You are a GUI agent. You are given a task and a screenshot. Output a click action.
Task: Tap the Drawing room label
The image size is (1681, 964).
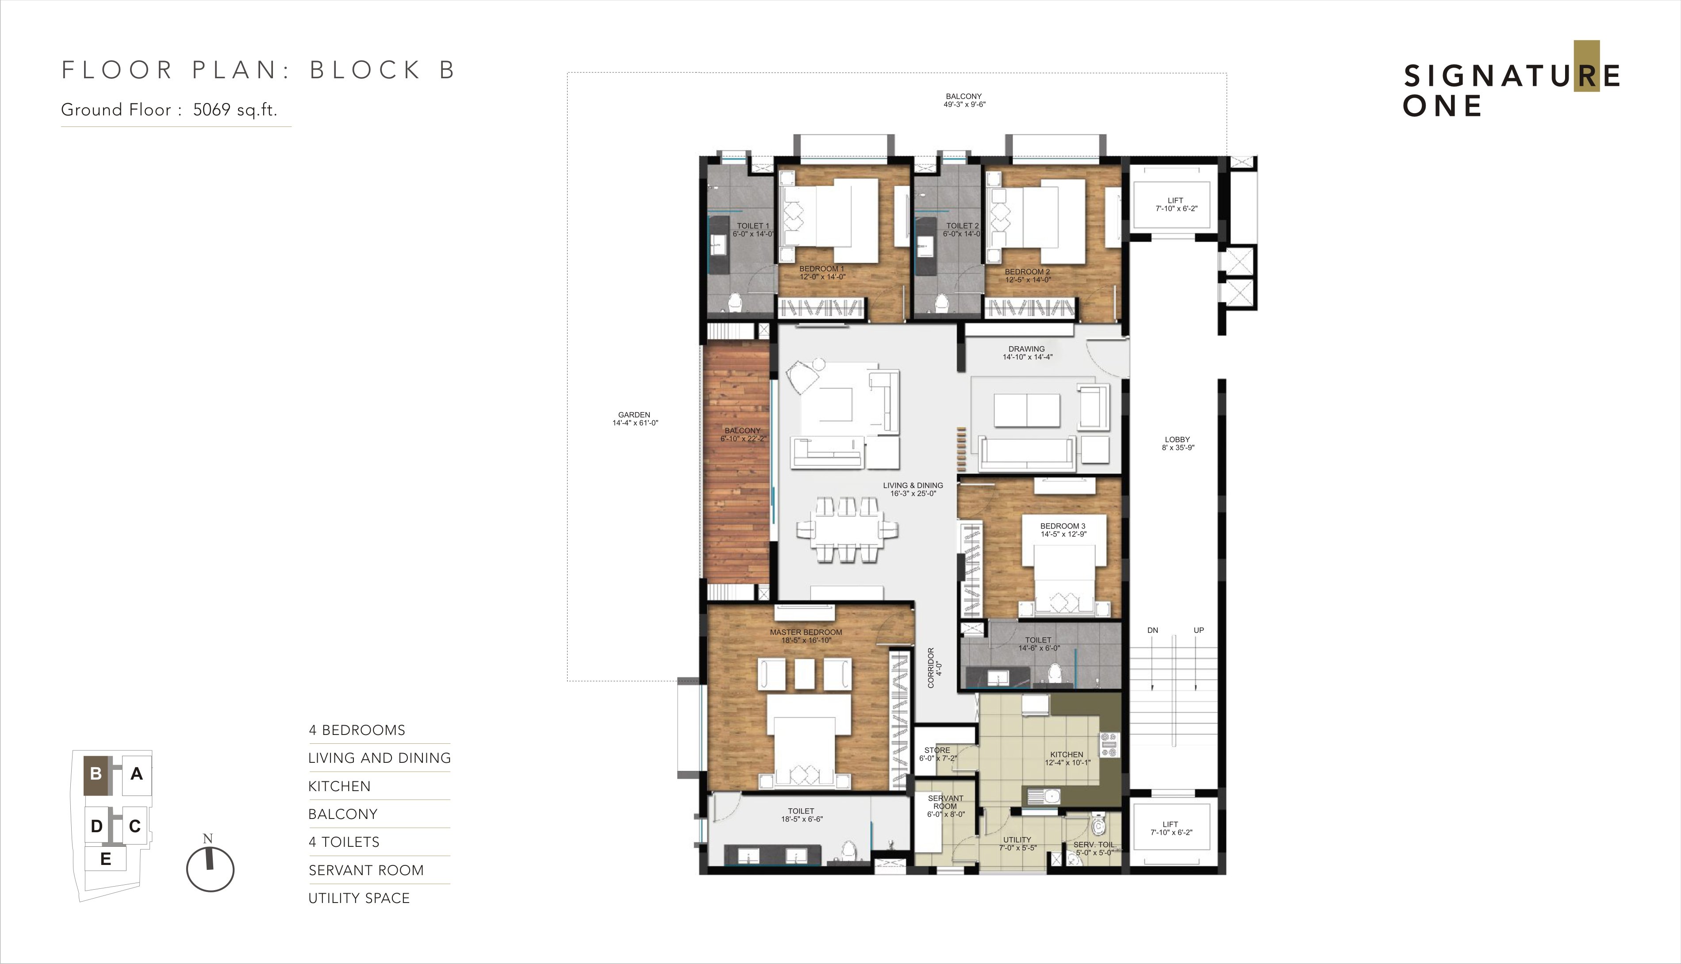click(x=1027, y=353)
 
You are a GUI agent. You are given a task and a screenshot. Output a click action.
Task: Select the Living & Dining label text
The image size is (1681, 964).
click(x=913, y=489)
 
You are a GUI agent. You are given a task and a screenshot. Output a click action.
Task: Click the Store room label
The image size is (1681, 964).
click(x=937, y=754)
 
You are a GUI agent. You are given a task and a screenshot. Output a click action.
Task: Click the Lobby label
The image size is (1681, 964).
click(x=1178, y=444)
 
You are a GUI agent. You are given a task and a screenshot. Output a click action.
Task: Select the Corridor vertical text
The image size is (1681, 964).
click(x=934, y=667)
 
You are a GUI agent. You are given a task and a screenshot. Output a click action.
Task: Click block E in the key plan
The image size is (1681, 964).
click(x=105, y=859)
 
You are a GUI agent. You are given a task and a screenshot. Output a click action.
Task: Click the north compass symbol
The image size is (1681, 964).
click(x=210, y=867)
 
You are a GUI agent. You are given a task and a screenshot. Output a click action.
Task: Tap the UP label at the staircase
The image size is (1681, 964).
click(x=1199, y=630)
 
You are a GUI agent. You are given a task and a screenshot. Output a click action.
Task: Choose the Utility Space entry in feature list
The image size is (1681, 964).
click(x=359, y=898)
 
